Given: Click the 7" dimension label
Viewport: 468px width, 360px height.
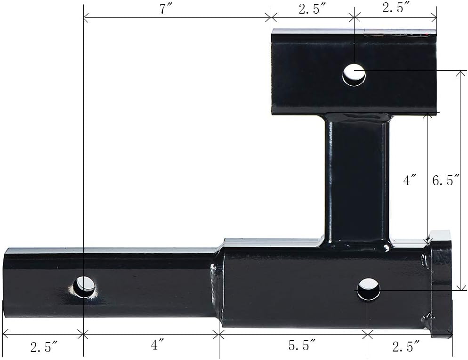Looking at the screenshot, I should [x=164, y=9].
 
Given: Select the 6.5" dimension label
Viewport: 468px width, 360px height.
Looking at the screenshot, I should [x=446, y=180].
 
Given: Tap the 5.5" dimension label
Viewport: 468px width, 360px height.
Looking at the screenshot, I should [x=302, y=346].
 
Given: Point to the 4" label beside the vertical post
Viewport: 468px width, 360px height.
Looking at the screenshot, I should [x=410, y=180].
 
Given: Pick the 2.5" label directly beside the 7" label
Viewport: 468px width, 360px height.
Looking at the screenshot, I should [x=312, y=9].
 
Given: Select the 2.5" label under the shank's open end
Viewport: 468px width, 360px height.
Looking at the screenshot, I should [x=44, y=347].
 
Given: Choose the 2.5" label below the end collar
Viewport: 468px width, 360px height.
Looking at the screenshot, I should [x=406, y=347].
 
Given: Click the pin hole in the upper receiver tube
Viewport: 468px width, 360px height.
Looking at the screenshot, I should [x=354, y=74].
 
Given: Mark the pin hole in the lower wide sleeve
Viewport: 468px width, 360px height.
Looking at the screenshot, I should [x=368, y=289].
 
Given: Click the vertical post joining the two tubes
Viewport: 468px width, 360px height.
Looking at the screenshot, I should [x=357, y=179].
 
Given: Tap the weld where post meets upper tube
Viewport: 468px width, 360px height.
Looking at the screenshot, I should [x=357, y=117].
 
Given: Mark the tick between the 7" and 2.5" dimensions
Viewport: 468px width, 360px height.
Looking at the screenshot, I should [x=271, y=18].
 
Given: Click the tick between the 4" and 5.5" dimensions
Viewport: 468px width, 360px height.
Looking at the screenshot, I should [x=219, y=335].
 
